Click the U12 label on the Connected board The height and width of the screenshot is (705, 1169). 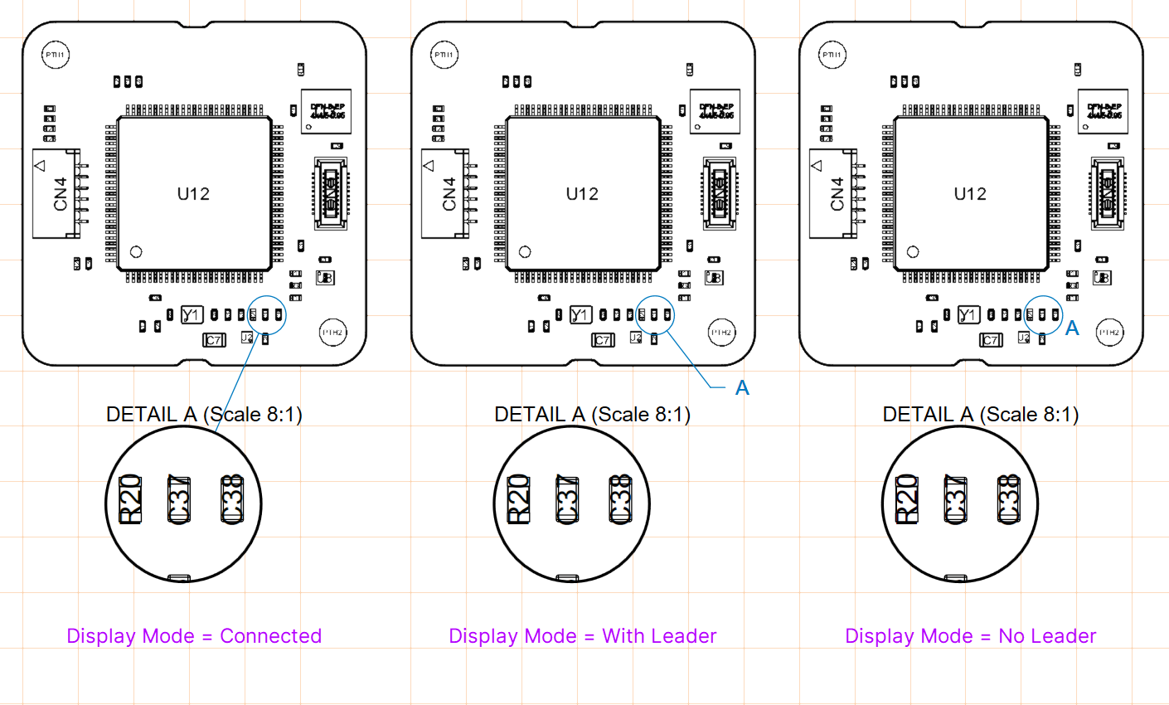point(193,194)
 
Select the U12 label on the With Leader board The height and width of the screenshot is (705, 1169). point(582,194)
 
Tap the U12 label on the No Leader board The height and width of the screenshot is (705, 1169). point(970,194)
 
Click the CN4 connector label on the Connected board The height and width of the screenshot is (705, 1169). point(61,193)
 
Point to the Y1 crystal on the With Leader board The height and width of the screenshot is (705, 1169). point(580,315)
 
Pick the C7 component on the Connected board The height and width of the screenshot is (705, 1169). point(214,340)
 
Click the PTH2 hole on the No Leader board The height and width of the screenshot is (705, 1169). point(1109,332)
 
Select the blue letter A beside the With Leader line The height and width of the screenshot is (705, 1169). point(742,388)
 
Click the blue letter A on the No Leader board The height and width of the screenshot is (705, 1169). point(1072,328)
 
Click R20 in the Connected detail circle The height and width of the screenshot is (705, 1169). point(131,499)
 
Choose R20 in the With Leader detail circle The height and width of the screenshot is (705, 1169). point(519,499)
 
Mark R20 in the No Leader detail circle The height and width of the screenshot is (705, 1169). point(907,499)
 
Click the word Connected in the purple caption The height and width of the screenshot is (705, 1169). point(270,636)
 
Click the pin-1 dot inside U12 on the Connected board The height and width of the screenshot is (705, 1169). point(137,251)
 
